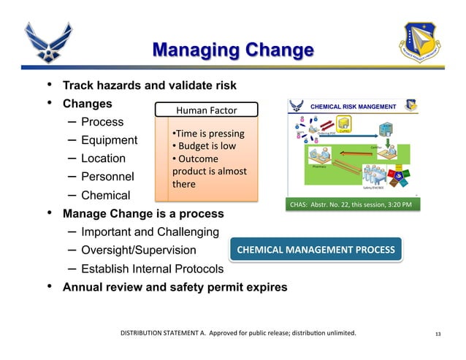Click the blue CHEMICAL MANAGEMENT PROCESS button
click(315, 250)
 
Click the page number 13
click(438, 334)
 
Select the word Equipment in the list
click(109, 140)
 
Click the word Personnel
click(108, 177)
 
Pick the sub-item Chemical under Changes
click(105, 196)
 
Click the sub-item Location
click(103, 158)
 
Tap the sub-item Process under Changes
click(102, 121)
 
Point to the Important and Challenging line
click(150, 232)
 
